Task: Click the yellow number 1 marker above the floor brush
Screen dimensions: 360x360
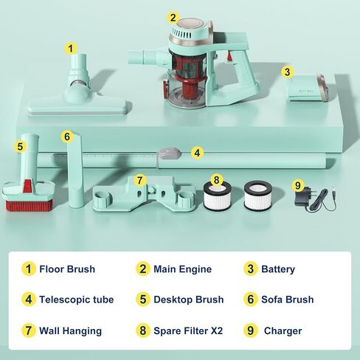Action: [71, 48]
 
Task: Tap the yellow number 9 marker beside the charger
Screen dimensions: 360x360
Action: [298, 185]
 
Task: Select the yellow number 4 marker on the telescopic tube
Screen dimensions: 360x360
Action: [197, 153]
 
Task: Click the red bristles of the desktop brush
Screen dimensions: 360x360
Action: [29, 206]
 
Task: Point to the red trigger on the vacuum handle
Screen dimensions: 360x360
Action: [229, 56]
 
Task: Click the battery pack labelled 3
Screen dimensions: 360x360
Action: [308, 89]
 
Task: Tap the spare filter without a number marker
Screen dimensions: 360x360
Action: [257, 195]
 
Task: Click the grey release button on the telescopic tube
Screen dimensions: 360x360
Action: [170, 153]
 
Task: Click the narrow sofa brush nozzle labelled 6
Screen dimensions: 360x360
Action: [75, 170]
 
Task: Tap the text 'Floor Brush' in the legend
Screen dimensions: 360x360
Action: [67, 269]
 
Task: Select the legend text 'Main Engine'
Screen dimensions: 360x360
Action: [182, 269]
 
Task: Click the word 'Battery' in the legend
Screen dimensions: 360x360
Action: [278, 269]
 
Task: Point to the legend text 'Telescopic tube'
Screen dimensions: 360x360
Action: [77, 300]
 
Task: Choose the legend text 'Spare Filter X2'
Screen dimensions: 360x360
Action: [188, 330]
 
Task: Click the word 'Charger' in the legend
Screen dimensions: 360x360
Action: [283, 330]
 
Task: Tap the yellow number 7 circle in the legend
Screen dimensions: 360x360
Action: [29, 330]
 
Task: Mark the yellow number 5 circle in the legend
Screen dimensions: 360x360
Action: [143, 300]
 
